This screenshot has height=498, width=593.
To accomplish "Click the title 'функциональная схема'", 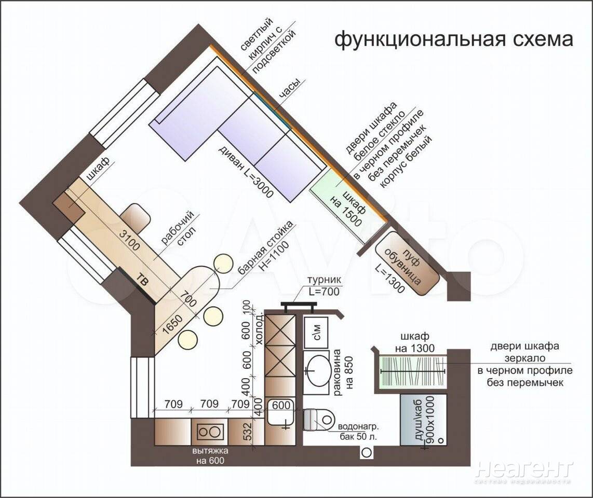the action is (x=453, y=39).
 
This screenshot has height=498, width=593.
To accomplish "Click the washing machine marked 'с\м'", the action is (x=316, y=331).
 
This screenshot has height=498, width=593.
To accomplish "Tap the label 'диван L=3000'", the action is (x=246, y=172).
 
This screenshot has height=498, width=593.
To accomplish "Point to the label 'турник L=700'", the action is (x=324, y=286).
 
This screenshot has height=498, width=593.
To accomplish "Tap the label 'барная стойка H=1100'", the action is (x=265, y=247).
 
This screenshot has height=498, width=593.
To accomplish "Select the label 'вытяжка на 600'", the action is (x=210, y=455).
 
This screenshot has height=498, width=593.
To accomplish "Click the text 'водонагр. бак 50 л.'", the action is (x=358, y=432).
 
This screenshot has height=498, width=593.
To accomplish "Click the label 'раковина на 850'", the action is (x=343, y=372).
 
